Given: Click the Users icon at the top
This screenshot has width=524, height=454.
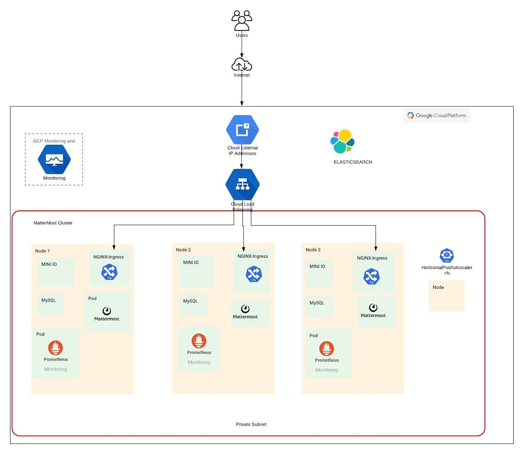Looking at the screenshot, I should click(x=242, y=20).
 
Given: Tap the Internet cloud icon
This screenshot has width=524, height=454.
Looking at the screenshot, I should click(x=242, y=65).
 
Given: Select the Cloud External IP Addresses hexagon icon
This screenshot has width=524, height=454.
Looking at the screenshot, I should click(x=242, y=130).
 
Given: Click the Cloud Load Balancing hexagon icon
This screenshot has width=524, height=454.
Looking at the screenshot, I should click(x=242, y=184).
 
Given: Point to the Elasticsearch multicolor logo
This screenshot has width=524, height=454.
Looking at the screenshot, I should click(x=342, y=142).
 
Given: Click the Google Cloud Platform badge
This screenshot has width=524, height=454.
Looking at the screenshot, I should click(x=436, y=116).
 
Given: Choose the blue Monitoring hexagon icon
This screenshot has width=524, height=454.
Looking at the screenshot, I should click(x=54, y=160).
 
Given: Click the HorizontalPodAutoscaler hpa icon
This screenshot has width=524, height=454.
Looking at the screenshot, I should click(x=446, y=255).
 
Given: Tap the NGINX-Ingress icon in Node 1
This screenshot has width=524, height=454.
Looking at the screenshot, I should click(x=109, y=272).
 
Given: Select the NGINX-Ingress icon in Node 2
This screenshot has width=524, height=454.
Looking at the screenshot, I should click(x=254, y=274).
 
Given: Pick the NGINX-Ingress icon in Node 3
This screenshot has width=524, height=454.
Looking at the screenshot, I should click(x=371, y=276).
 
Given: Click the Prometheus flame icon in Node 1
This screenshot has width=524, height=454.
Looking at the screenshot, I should click(x=56, y=348).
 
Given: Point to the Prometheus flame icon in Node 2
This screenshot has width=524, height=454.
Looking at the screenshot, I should click(x=199, y=341).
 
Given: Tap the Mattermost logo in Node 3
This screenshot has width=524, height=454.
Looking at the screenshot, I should click(x=373, y=308).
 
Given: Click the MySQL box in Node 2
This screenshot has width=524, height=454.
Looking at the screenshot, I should click(x=193, y=305).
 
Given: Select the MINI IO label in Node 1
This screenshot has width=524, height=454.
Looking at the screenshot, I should click(x=49, y=264).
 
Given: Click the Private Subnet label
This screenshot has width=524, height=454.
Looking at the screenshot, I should click(x=251, y=424).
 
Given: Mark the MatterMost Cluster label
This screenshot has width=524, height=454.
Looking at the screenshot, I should click(x=53, y=223).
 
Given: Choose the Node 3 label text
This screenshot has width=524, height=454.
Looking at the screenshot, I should click(x=313, y=250).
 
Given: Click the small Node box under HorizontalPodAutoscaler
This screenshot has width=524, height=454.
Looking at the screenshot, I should click(x=446, y=296).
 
